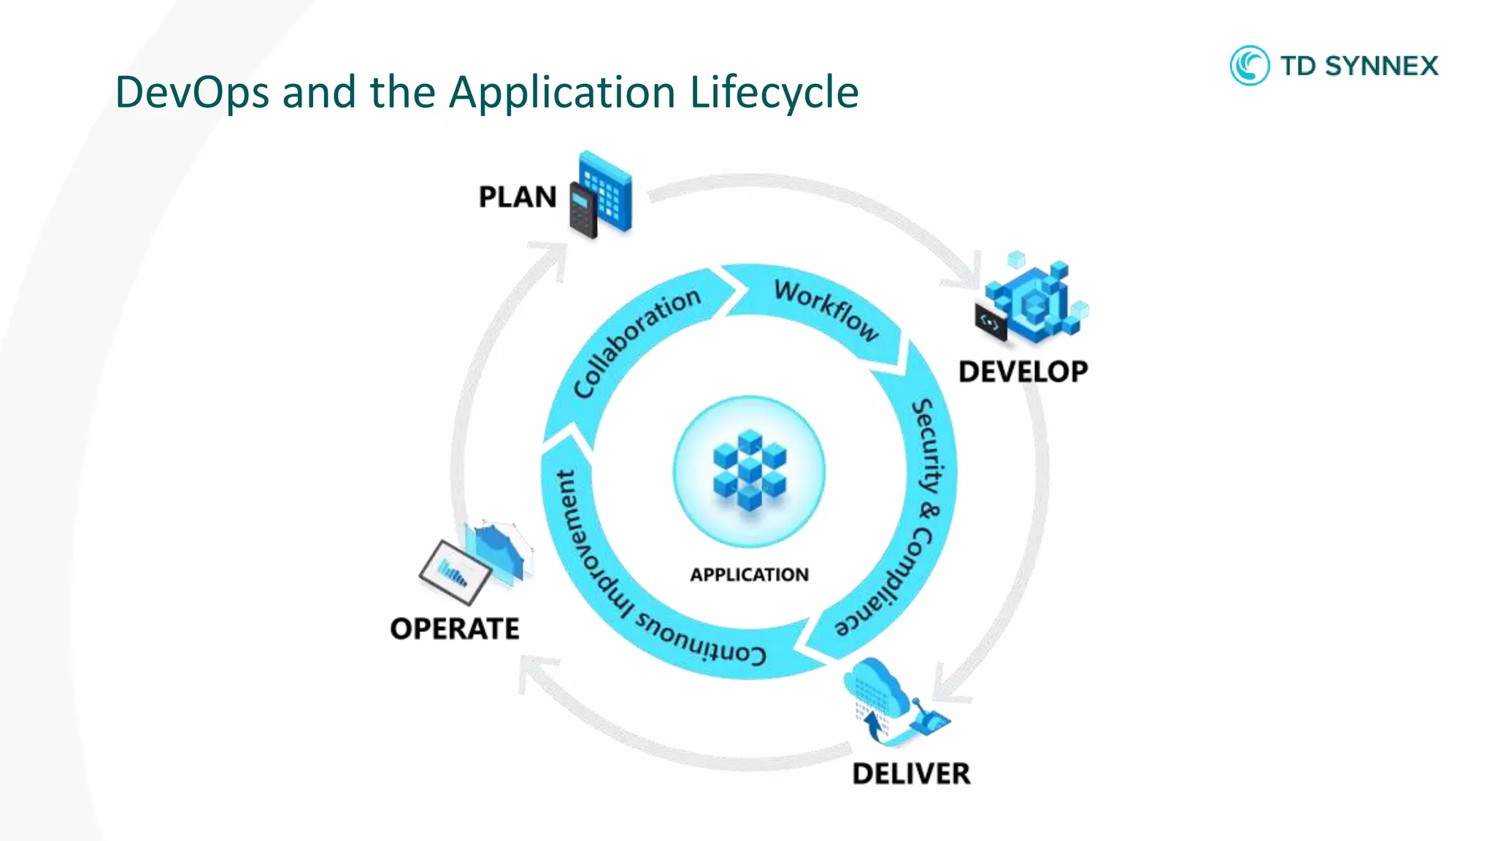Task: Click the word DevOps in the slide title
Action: (192, 93)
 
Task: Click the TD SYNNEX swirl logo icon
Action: (1249, 66)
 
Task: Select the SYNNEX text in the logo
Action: (1381, 66)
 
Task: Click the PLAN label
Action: (518, 197)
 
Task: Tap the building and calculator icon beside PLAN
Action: (600, 194)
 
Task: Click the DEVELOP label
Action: (1023, 372)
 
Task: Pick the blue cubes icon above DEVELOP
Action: (1033, 301)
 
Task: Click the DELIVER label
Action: (911, 774)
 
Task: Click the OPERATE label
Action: (455, 629)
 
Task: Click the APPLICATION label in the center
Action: (749, 575)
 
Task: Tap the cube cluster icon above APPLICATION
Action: (749, 470)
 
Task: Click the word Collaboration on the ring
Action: (636, 342)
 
